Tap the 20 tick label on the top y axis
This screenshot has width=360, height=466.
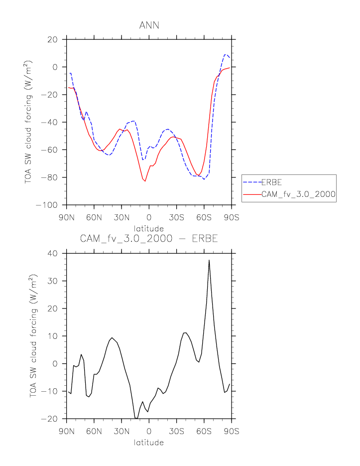click(52, 40)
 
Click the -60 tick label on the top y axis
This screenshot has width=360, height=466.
click(50, 150)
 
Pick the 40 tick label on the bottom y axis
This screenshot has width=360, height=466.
click(52, 254)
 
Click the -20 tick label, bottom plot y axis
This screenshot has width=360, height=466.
click(50, 419)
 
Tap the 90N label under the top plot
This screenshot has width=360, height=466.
click(66, 217)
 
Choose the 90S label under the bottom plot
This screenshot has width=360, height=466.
click(232, 431)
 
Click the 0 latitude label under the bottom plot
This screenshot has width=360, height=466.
click(149, 431)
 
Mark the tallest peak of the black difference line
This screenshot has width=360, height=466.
click(209, 260)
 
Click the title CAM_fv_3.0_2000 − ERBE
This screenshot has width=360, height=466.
click(149, 239)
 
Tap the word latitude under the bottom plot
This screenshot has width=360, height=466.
click(149, 442)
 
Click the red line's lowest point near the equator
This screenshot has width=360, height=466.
click(145, 181)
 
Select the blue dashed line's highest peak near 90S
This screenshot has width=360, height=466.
click(226, 55)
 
